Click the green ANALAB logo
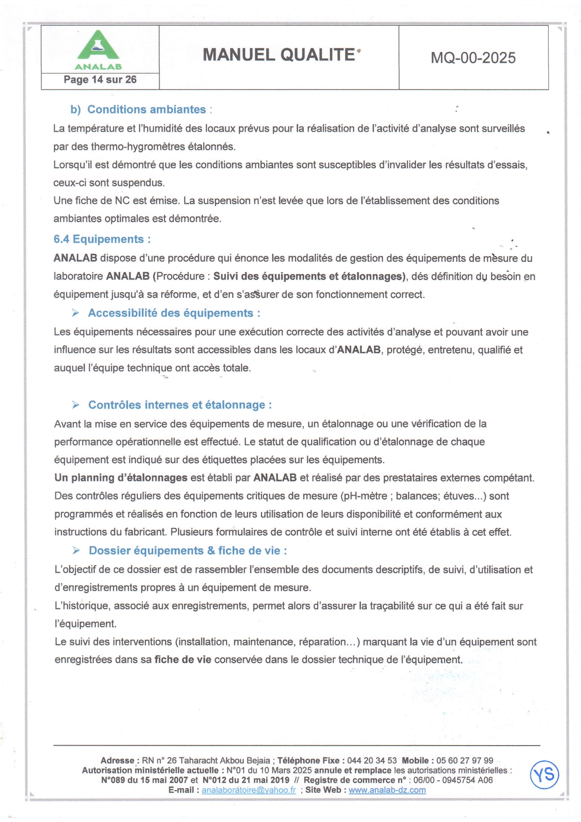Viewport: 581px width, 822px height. point(98,49)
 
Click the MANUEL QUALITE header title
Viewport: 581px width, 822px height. point(279,55)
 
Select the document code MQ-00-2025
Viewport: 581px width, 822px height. point(473,58)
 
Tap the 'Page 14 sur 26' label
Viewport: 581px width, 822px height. point(100,80)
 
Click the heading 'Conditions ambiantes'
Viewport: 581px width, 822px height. point(146,110)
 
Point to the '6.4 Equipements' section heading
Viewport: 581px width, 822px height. point(102,239)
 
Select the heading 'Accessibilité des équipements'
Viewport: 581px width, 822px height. point(174,313)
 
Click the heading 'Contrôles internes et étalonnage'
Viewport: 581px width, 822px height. point(180,405)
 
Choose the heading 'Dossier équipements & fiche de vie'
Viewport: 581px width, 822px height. point(188,551)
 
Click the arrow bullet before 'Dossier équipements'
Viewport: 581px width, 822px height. point(76,551)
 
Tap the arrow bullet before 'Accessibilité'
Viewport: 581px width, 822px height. point(75,313)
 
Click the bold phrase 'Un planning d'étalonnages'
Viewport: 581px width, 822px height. point(121,478)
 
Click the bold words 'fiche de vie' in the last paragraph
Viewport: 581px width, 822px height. point(183,660)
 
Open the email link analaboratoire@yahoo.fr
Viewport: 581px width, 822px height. point(248,790)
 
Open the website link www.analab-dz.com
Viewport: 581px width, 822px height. point(387,790)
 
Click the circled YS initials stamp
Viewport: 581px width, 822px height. point(544,775)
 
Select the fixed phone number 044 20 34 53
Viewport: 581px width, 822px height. point(372,761)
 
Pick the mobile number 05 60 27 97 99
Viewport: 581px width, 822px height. point(465,761)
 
